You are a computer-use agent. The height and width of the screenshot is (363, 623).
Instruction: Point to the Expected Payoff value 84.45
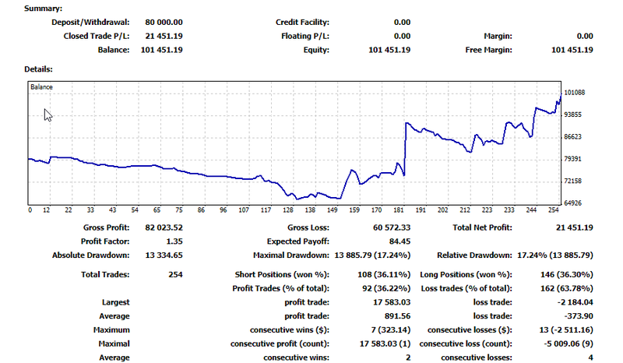399,241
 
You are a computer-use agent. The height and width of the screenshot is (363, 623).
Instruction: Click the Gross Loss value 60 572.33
389,227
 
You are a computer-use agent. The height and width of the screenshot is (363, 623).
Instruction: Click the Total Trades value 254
175,274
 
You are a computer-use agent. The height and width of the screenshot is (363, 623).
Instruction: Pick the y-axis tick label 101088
574,93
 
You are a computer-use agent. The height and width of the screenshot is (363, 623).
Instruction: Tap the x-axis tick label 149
333,210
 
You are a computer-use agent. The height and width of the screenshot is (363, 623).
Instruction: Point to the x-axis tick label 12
47,210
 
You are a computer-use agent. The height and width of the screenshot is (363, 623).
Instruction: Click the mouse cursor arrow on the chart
48,115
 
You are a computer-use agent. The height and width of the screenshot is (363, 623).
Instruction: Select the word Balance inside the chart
42,87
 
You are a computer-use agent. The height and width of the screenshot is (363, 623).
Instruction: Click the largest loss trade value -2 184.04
572,302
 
